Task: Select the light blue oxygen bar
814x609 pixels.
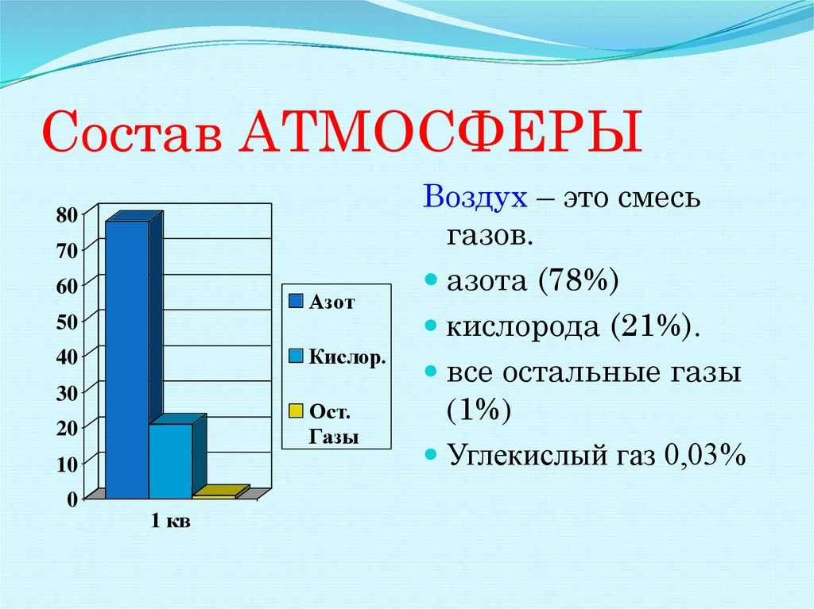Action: [x=177, y=457]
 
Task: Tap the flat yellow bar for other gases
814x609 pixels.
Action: [x=221, y=492]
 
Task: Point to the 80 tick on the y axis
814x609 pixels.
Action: [x=68, y=214]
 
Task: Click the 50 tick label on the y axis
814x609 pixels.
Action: [x=68, y=322]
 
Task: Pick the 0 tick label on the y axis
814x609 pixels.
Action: [x=72, y=499]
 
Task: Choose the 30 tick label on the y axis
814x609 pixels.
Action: [x=68, y=393]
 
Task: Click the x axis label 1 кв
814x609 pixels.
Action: [x=171, y=520]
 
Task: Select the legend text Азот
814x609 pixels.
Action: [x=331, y=302]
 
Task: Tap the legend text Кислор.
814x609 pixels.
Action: [x=347, y=357]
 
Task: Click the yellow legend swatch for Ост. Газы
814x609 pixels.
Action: [x=296, y=410]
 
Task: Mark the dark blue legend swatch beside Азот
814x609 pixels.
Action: [x=296, y=301]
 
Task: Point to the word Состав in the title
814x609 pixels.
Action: [x=132, y=131]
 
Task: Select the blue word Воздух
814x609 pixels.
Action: [x=475, y=198]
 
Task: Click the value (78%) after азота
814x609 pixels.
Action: [x=579, y=280]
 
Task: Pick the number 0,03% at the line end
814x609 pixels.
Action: [x=705, y=454]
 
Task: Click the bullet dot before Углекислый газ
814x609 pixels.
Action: [x=430, y=454]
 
